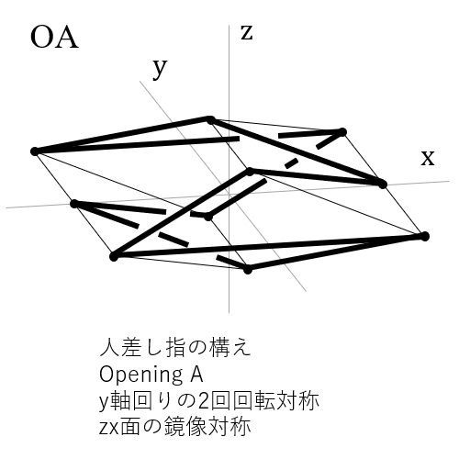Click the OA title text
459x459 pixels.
coord(54,38)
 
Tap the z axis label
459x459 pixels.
coord(247,33)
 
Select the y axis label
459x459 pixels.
coord(160,69)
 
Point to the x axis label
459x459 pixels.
coord(428,158)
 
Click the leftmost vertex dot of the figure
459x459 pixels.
coord(35,151)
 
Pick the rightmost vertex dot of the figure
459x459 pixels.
coord(425,236)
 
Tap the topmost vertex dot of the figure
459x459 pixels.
coord(210,119)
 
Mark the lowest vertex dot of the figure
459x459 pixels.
coord(248,270)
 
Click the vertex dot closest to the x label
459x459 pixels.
coord(383,185)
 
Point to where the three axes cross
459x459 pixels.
coord(229,195)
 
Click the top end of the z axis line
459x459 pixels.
coord(229,26)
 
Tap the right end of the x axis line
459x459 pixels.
coord(449,181)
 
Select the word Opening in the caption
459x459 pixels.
coord(140,375)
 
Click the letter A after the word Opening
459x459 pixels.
coord(196,374)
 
